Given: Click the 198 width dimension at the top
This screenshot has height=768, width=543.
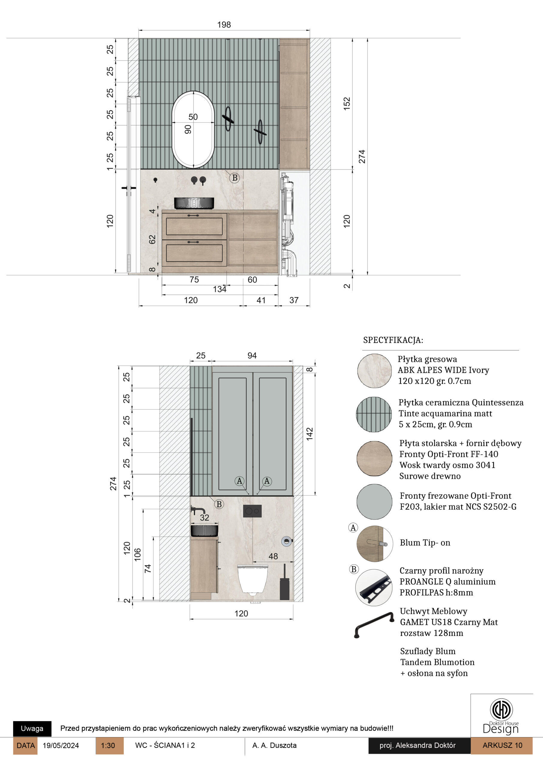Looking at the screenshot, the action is click(224, 25).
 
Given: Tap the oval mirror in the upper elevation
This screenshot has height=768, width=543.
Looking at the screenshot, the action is click(193, 129).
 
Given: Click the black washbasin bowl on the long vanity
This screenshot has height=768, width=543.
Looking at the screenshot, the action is click(194, 203).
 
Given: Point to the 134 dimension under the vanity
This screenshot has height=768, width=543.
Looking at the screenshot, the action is click(220, 289).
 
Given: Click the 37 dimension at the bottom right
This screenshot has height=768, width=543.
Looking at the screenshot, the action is click(294, 300).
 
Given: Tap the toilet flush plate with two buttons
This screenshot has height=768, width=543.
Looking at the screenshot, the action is click(252, 511).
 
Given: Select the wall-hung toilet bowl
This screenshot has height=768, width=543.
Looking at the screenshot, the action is click(253, 580).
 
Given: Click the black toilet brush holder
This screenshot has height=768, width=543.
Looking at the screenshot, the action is click(284, 582).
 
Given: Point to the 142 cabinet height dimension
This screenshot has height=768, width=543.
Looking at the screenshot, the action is click(310, 433).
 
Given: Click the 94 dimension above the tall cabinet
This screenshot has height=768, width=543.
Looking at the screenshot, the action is click(252, 355).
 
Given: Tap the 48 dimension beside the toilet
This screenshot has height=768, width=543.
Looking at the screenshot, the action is click(273, 556).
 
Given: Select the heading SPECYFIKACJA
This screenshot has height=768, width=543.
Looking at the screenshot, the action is click(393, 340).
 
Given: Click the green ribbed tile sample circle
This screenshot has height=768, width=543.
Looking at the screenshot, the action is click(374, 414).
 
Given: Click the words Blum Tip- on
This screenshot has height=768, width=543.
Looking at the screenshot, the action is click(425, 543).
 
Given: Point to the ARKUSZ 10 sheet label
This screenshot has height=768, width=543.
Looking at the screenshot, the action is click(502, 745).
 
